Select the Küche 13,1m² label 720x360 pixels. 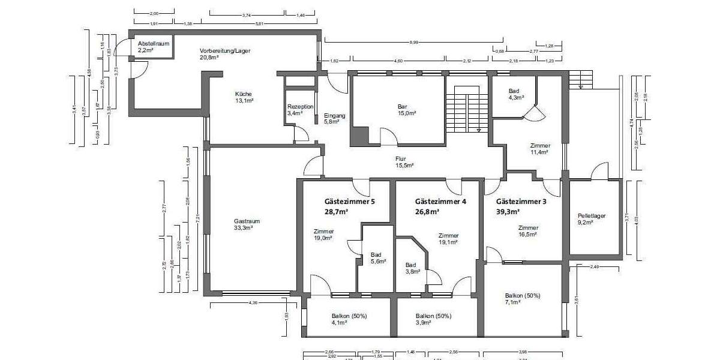[x=244, y=97]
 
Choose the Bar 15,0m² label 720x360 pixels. [x=402, y=109]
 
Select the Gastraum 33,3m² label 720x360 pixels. [x=247, y=224]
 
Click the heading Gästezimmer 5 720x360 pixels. [x=350, y=202]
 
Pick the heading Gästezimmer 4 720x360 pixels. [x=440, y=202]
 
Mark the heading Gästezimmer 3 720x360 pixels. [x=521, y=202]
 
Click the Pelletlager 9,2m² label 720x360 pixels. [x=585, y=218]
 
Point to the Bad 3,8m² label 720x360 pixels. [x=411, y=268]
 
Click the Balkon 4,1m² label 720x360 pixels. [x=349, y=319]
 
